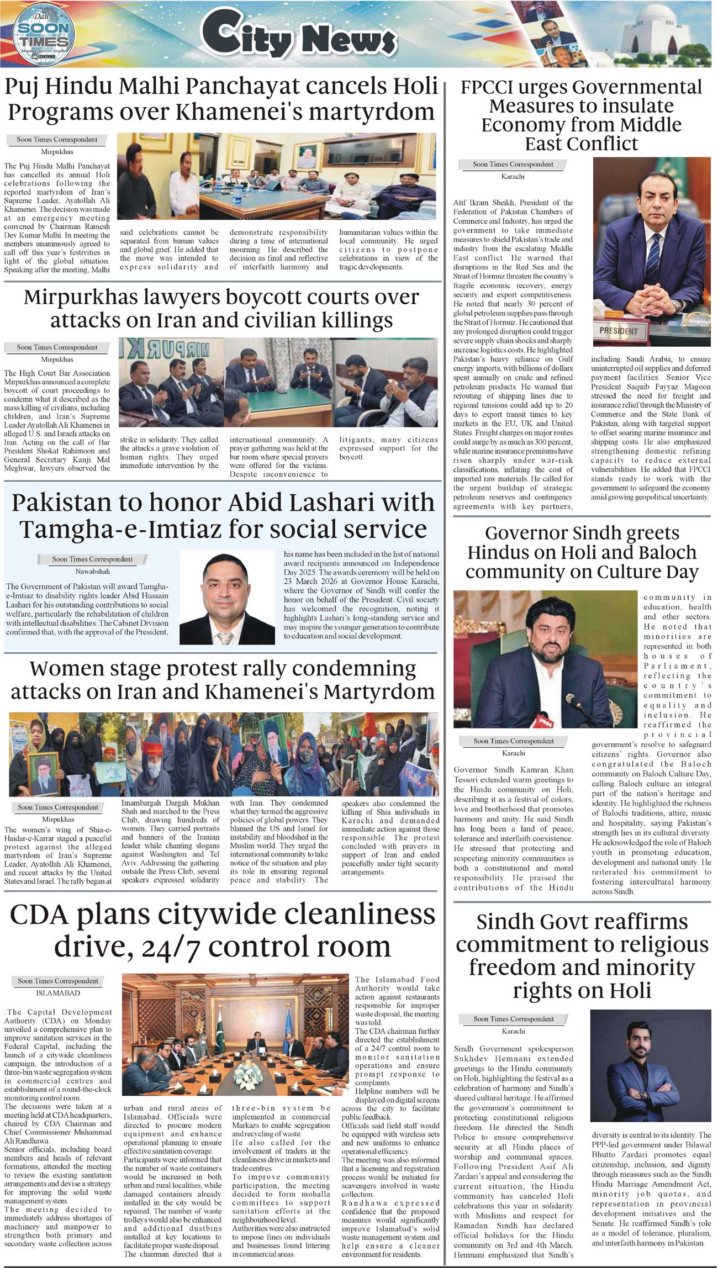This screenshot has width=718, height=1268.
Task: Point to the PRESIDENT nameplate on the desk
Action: coord(619,331)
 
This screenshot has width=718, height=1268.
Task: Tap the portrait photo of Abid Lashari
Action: coord(227,598)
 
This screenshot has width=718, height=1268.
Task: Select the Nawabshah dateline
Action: coord(92,571)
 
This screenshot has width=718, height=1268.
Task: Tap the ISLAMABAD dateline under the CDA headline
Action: coord(57,992)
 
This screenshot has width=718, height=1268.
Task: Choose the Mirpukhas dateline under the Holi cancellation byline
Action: coord(57,151)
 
